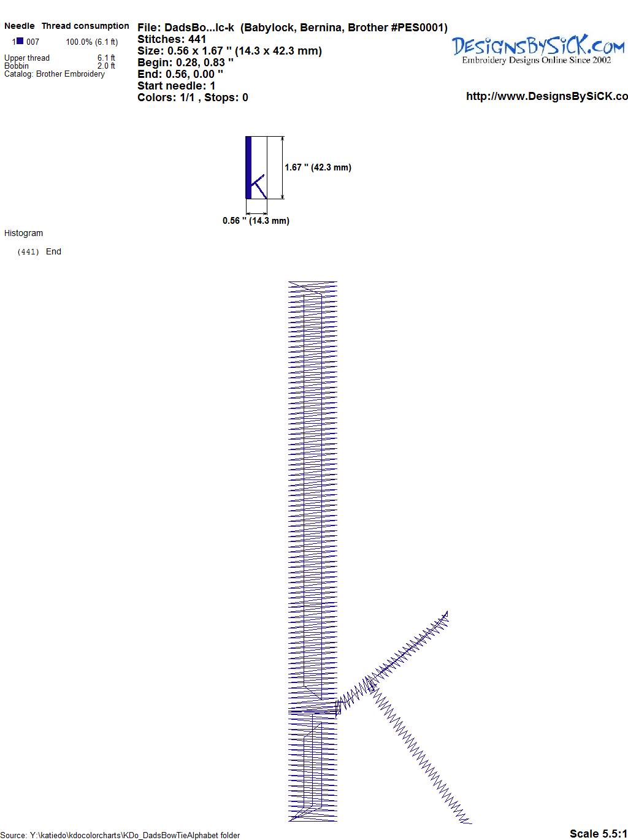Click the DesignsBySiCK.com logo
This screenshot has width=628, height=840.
pos(538,50)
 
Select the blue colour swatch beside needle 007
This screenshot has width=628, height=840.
pos(20,41)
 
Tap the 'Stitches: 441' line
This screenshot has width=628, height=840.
pos(172,39)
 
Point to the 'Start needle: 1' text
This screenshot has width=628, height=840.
pos(176,86)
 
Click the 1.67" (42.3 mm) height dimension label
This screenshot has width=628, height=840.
pos(318,167)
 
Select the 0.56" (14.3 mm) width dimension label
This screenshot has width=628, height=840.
pos(256,221)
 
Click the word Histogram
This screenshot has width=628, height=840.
pos(23,233)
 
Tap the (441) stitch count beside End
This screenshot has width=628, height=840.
pos(28,252)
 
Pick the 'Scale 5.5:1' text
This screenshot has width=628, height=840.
pos(598,833)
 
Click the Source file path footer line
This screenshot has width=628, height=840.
pos(120,835)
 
